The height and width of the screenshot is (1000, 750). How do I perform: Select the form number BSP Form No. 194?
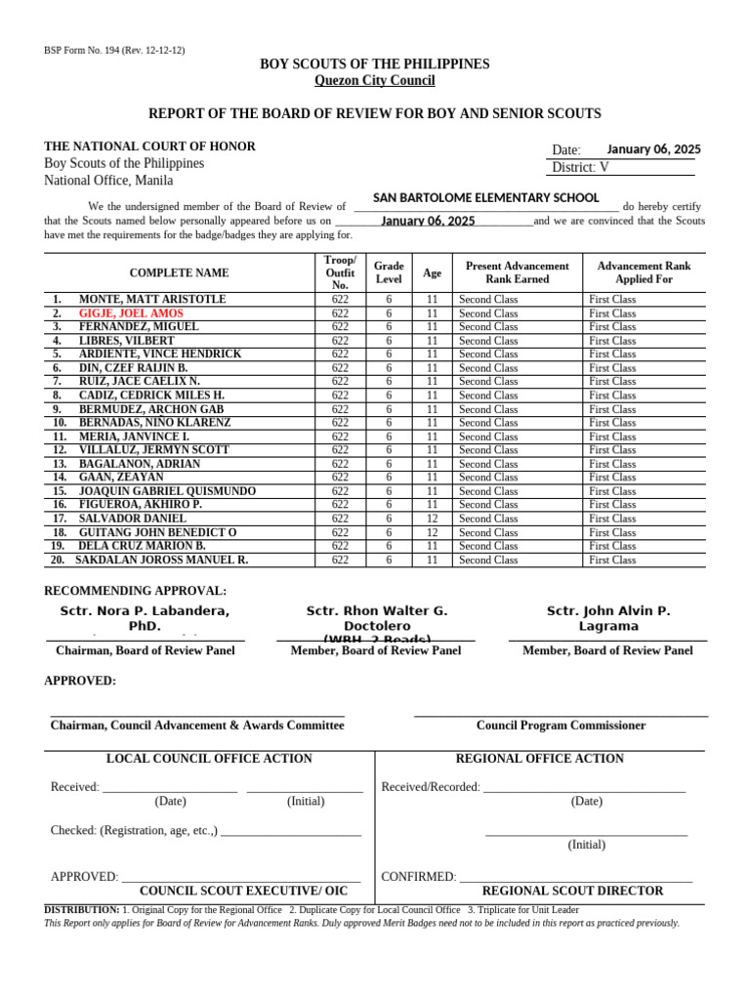click(114, 50)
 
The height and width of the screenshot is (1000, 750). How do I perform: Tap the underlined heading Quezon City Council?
click(374, 80)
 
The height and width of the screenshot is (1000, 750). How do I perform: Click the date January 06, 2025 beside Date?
click(653, 149)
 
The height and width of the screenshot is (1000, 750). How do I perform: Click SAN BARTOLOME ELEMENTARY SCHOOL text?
click(485, 198)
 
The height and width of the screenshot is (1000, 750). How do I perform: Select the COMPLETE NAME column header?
click(179, 273)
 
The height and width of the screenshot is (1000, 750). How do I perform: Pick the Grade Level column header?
click(389, 272)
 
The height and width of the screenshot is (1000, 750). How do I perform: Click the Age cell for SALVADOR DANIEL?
click(432, 519)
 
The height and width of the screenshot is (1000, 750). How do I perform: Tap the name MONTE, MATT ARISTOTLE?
click(152, 299)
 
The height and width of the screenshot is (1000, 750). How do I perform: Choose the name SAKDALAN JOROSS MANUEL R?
click(162, 561)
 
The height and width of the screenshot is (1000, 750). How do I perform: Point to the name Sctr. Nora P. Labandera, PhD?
click(145, 618)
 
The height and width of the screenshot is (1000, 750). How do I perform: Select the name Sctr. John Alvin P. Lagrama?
click(607, 618)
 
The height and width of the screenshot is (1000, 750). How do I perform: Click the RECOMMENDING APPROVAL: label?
click(136, 591)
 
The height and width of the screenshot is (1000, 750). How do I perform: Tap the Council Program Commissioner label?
click(561, 726)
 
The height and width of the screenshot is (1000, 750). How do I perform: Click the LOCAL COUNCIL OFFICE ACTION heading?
click(209, 759)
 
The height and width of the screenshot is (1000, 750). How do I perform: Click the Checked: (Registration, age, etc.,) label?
click(135, 831)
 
